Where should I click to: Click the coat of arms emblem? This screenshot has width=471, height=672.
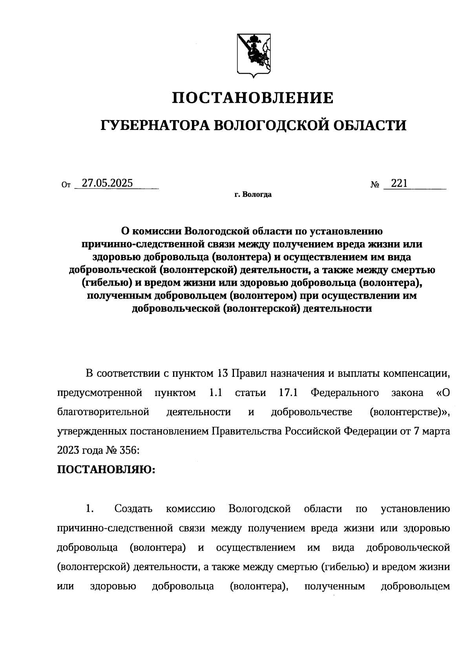[x=254, y=55]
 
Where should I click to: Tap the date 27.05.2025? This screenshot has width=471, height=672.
[x=105, y=183]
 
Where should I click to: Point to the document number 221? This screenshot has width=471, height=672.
[x=399, y=183]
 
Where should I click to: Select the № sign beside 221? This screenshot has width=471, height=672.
[x=374, y=184]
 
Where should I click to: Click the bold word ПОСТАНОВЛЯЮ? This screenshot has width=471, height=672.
[x=106, y=470]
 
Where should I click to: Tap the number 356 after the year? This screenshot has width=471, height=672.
[x=130, y=451]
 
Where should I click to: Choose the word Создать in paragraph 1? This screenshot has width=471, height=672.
[x=133, y=509]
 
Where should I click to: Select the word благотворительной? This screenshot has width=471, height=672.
[x=103, y=412]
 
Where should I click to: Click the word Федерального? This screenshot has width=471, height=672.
[x=345, y=393]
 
